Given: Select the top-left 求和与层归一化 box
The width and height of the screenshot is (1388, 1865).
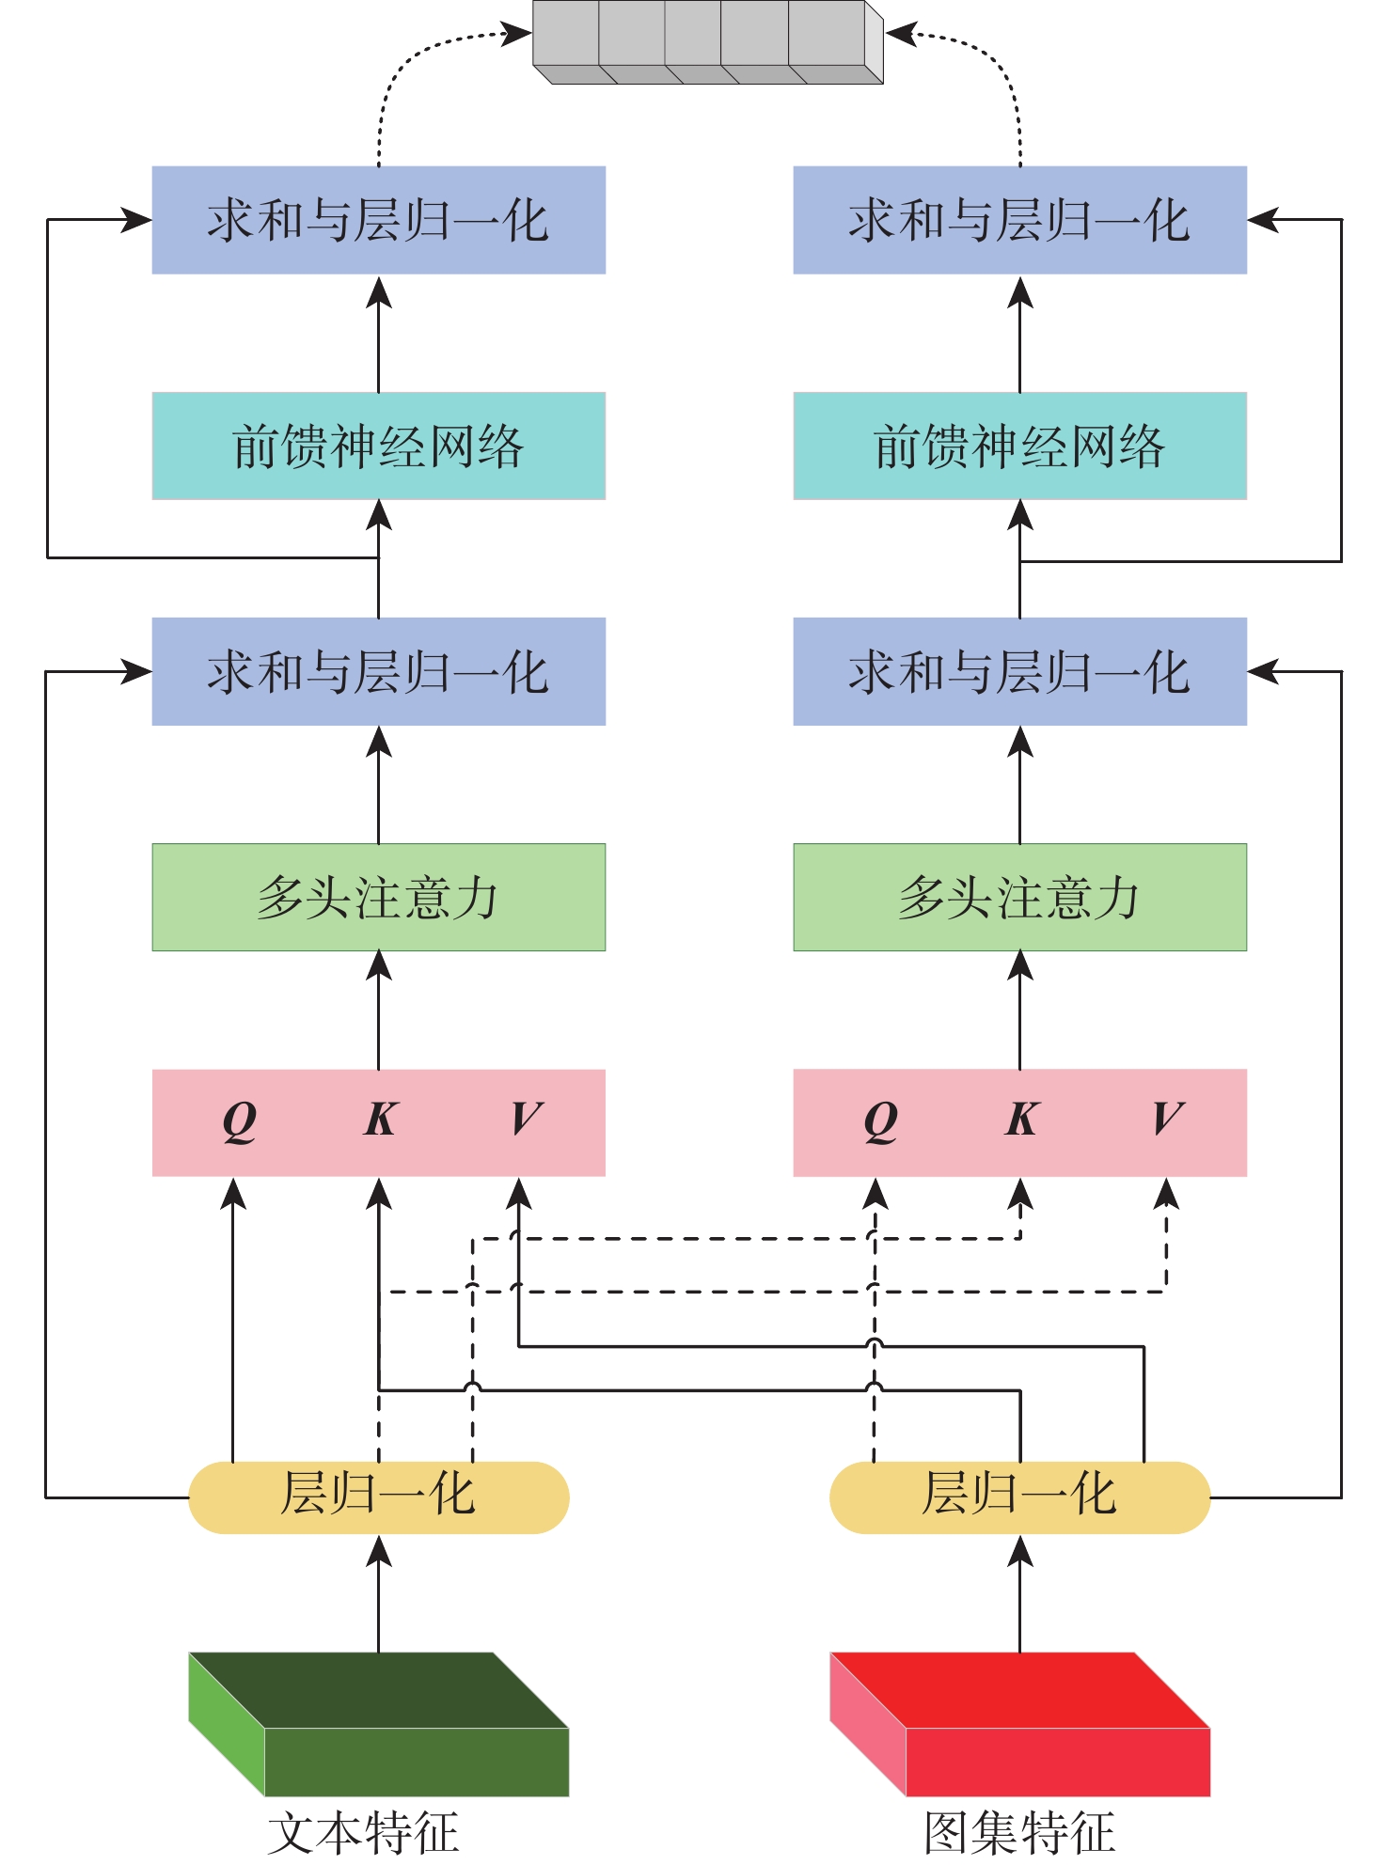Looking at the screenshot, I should pos(378,220).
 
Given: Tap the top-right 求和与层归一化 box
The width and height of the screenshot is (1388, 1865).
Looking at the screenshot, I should pos(1019,220).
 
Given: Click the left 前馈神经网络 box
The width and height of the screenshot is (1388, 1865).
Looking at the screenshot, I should pos(378,446).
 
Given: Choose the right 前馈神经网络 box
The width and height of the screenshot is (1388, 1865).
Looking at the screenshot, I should pos(1019,446).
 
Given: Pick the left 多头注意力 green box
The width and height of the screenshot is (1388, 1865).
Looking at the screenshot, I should pos(378,897).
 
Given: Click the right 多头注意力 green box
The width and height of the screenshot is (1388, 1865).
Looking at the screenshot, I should pos(1019,897).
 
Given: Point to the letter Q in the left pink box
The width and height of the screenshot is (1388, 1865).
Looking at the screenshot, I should pos(239,1121).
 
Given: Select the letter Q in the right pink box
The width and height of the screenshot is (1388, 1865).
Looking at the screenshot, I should pos(880,1121).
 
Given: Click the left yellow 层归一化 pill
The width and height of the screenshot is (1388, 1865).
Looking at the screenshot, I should pos(378,1497).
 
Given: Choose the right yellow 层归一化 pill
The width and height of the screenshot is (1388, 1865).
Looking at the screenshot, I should pos(1019,1497).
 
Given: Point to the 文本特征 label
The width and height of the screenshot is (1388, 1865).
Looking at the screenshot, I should pos(363,1833).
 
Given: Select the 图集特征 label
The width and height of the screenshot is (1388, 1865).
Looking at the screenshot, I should pos(1019,1833).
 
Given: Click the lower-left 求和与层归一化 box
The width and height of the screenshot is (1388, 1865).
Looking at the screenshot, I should pos(378,671).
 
